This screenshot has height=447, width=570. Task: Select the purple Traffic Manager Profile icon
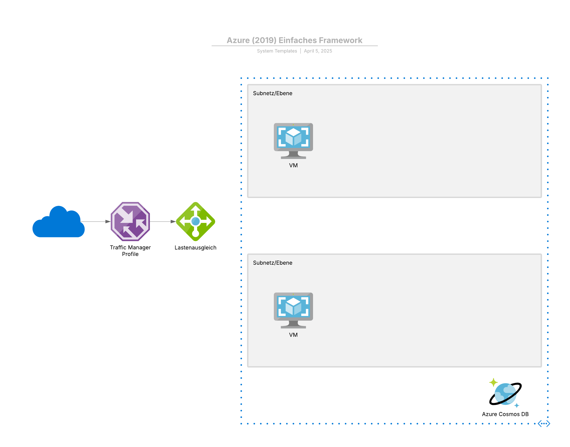[x=130, y=221]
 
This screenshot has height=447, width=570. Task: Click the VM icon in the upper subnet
[x=293, y=141]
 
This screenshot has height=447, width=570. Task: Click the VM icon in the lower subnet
[x=293, y=310]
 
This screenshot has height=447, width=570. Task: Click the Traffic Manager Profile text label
[x=130, y=251]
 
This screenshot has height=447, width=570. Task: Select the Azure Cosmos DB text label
[x=505, y=414]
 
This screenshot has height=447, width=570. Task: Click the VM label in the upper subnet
[x=293, y=165]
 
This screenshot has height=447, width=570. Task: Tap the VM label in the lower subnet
[x=293, y=335]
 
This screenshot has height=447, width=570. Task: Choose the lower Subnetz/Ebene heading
[x=273, y=263]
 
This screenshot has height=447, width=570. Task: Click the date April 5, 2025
[x=318, y=51]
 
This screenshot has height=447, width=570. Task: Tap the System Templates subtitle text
[x=277, y=51]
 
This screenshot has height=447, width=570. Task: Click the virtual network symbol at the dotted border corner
[x=544, y=423]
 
